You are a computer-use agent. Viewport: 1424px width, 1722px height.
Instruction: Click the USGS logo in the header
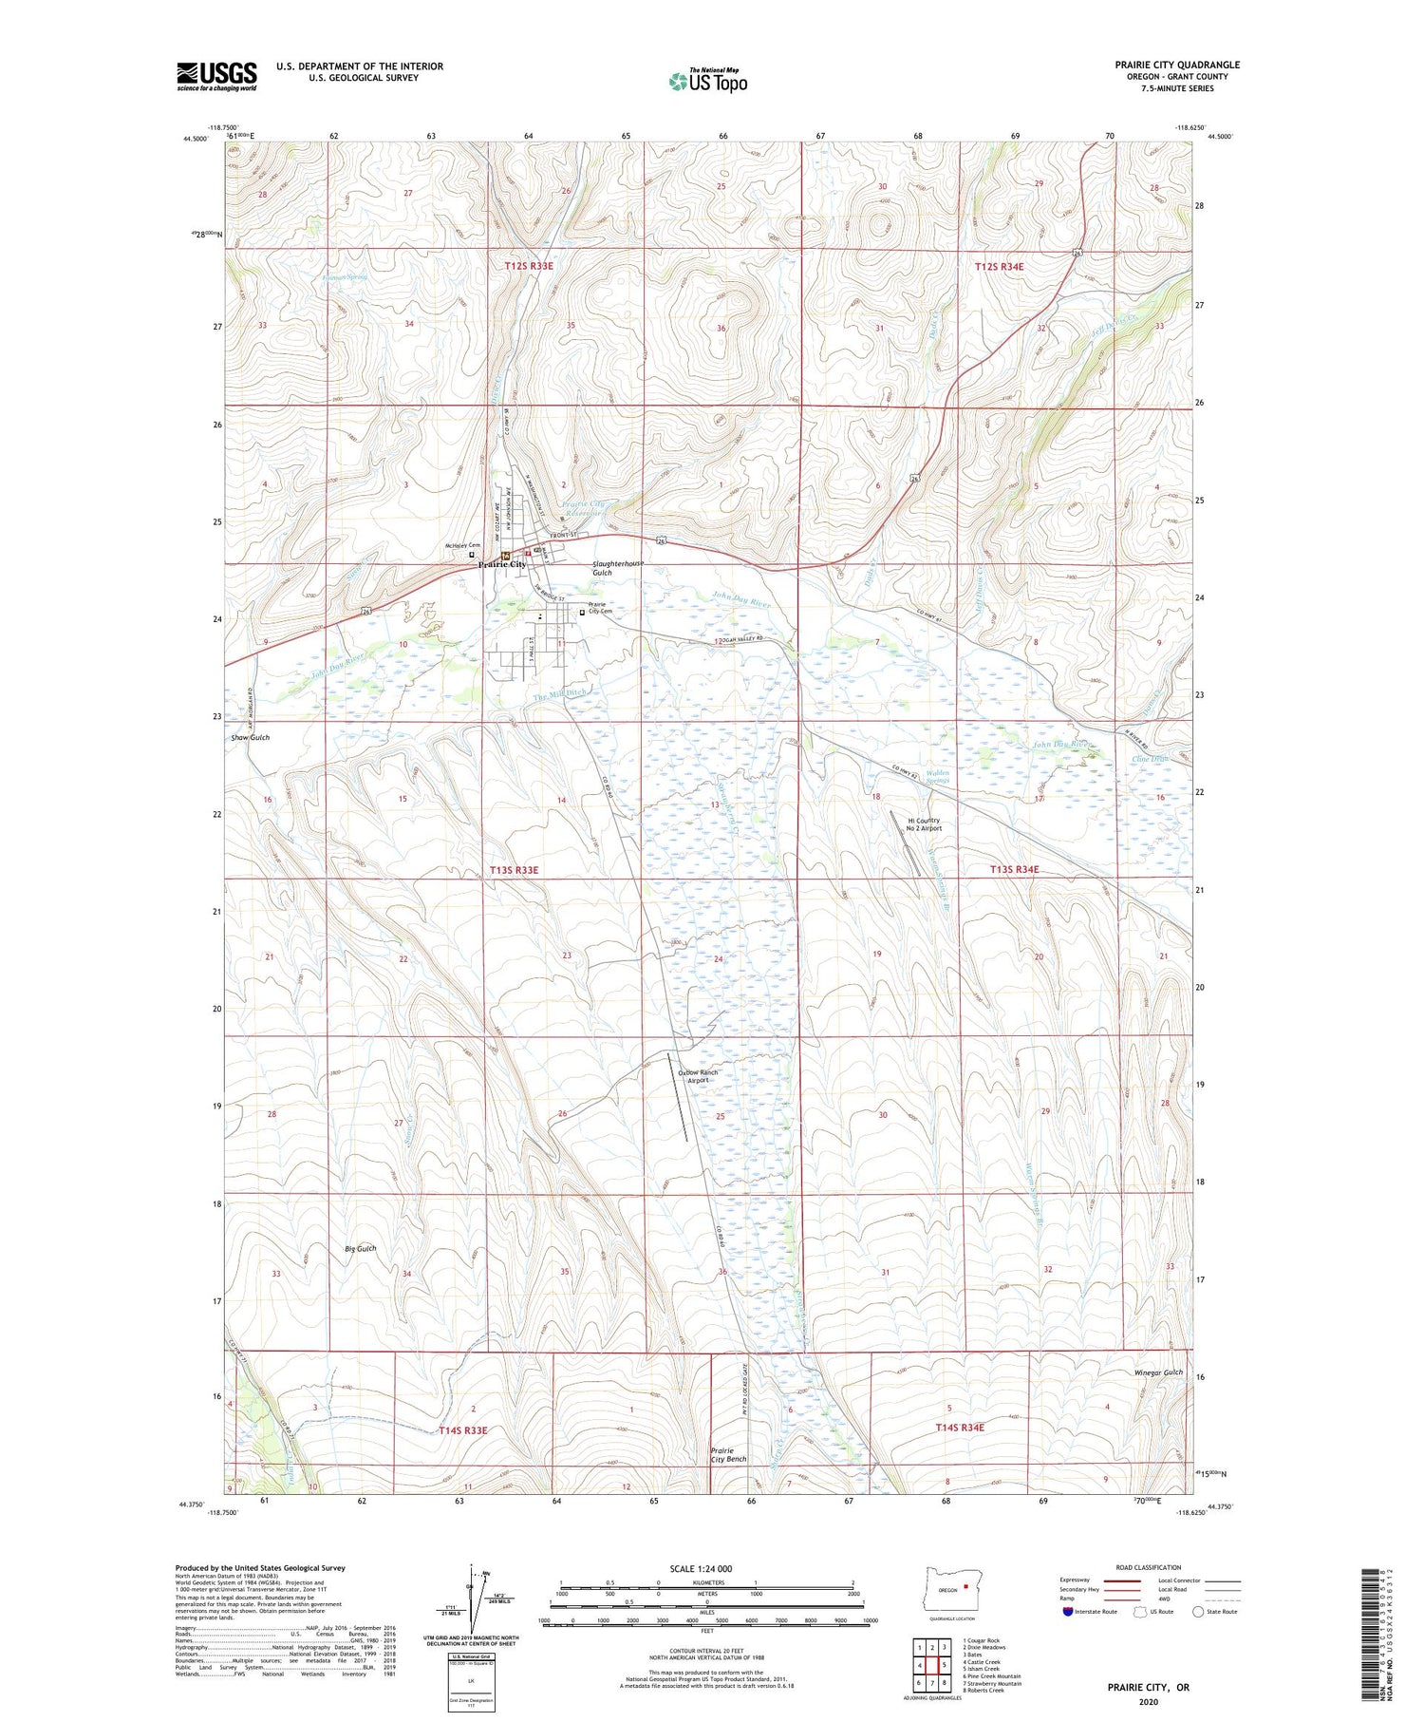point(216,76)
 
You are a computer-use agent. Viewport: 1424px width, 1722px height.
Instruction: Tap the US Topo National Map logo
point(707,81)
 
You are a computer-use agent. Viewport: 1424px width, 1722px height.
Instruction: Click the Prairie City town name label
point(501,564)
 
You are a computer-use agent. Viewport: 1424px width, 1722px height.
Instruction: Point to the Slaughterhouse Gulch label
point(617,568)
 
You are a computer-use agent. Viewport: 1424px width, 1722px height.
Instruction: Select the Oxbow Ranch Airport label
point(698,1076)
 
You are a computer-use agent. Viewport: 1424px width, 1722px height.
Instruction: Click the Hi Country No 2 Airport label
point(924,824)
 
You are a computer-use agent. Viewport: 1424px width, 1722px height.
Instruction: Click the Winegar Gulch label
point(1158,1372)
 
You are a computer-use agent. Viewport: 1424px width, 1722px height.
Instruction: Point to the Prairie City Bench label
point(728,1455)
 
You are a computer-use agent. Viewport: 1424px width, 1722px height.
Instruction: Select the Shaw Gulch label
point(251,737)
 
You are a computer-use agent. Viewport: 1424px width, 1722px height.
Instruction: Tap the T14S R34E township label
point(960,1428)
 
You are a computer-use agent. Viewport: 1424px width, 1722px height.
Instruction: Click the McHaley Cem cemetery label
point(463,545)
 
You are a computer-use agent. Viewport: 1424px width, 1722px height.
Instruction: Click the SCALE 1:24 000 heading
point(701,1568)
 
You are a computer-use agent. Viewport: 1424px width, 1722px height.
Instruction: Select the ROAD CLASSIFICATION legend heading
point(1149,1567)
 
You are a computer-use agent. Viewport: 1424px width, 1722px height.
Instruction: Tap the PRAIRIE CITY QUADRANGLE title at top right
point(1177,65)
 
